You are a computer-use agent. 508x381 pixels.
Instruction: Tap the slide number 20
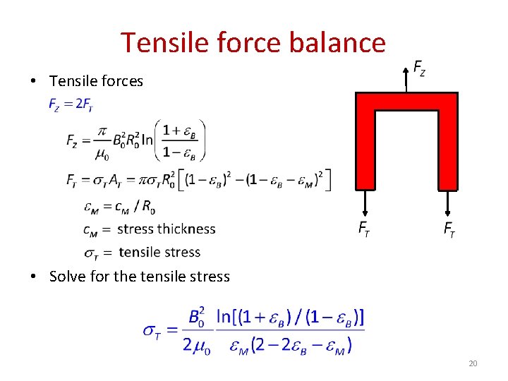click(472, 363)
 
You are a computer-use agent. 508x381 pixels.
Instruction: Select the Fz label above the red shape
click(419, 68)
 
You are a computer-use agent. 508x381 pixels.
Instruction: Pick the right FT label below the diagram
click(449, 228)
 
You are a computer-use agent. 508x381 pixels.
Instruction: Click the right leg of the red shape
click(447, 148)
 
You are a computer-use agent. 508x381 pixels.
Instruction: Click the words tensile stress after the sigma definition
click(159, 252)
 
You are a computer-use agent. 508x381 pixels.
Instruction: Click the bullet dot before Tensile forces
click(34, 82)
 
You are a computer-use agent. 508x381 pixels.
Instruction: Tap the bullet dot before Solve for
click(34, 277)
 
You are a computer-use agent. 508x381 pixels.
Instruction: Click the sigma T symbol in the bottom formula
click(152, 330)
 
